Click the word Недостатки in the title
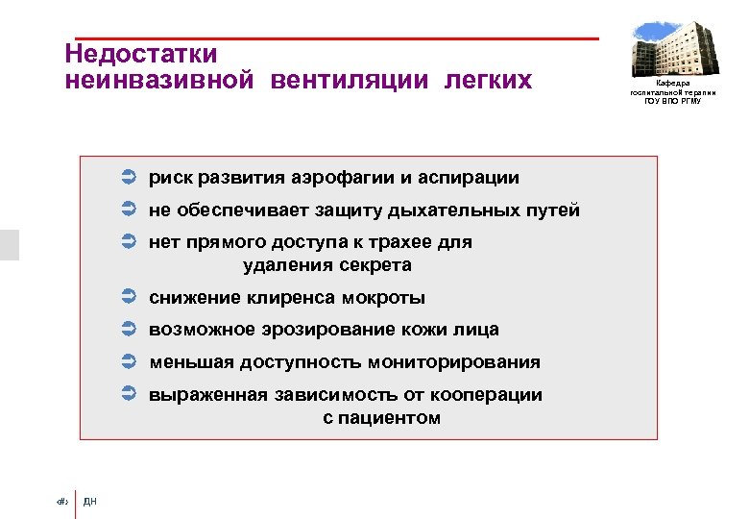point(141,53)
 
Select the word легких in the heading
point(487,80)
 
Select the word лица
point(477,330)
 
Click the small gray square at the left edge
point(10,244)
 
